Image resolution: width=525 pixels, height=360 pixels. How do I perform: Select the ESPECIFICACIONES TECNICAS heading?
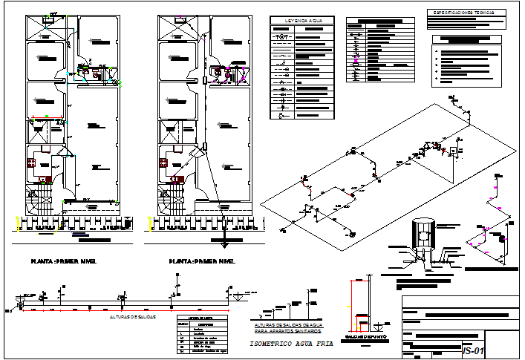point(468,12)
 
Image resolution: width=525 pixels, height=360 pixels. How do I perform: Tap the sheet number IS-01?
point(473,350)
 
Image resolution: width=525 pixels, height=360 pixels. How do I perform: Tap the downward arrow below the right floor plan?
point(224,244)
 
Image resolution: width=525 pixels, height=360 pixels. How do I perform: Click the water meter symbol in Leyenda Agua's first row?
point(281,36)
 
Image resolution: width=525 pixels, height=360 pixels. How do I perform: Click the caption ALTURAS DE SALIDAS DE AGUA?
point(288,327)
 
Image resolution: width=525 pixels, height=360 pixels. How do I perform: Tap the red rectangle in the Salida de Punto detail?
point(360,321)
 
